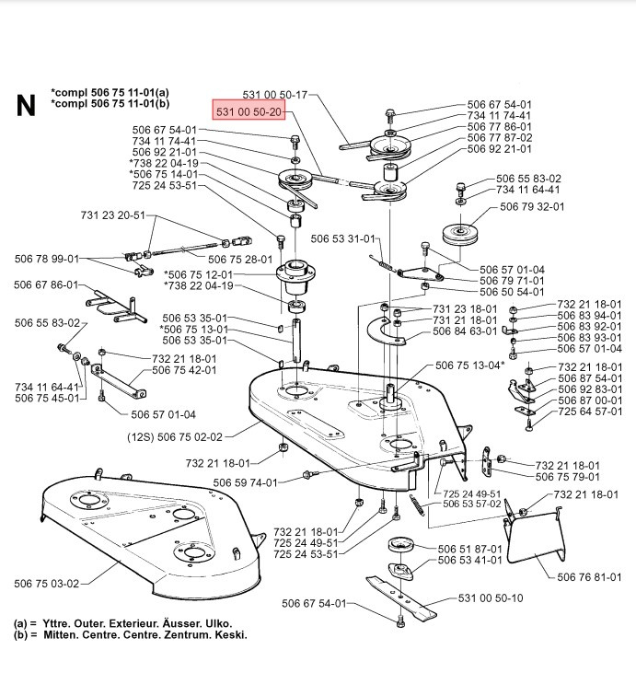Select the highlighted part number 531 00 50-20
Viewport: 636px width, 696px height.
[251, 112]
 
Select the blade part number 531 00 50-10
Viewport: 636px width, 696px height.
[491, 598]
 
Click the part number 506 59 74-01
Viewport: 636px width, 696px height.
[244, 481]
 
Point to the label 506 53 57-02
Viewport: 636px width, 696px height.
[472, 504]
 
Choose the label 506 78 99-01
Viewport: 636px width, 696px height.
[47, 260]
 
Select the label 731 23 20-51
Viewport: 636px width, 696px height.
[112, 215]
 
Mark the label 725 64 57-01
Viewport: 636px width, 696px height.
[590, 411]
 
